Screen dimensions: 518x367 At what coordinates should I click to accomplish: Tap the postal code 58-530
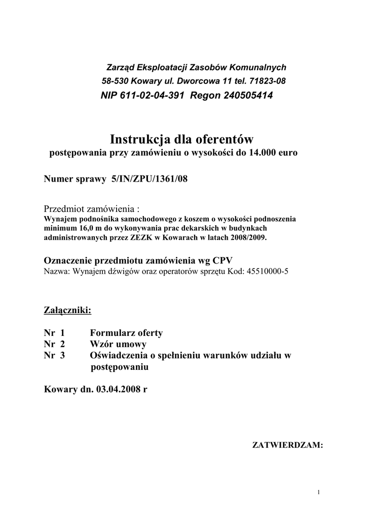[x=113, y=81]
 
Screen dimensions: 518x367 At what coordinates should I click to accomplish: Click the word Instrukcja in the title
[x=140, y=139]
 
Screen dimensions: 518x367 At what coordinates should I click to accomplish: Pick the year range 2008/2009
[x=254, y=237]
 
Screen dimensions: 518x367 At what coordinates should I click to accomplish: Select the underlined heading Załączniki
[x=67, y=310]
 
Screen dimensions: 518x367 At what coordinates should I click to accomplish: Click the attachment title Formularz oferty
[x=126, y=333]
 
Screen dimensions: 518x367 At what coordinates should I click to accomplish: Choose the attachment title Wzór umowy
[x=118, y=344]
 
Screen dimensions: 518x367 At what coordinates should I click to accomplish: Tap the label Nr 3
[x=55, y=355]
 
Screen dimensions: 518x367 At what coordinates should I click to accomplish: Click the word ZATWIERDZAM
[x=287, y=445]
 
